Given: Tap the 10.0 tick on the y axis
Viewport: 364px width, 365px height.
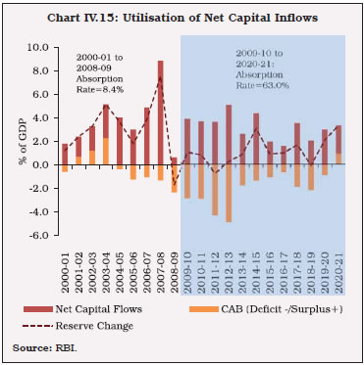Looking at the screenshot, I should pos(38,47).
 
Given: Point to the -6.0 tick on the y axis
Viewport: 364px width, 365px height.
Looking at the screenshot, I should pos(38,236).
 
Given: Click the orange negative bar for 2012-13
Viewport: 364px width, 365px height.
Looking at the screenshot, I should pos(229,194).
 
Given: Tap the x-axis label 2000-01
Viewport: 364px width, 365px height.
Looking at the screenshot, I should pos(66,266).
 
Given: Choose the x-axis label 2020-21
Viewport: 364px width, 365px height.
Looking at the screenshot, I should pos(338,266).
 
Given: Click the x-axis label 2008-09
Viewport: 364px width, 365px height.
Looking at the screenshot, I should pos(175,266).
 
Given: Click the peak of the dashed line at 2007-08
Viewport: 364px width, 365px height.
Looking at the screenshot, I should pos(160,77).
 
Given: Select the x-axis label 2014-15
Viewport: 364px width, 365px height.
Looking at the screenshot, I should pos(256,266).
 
